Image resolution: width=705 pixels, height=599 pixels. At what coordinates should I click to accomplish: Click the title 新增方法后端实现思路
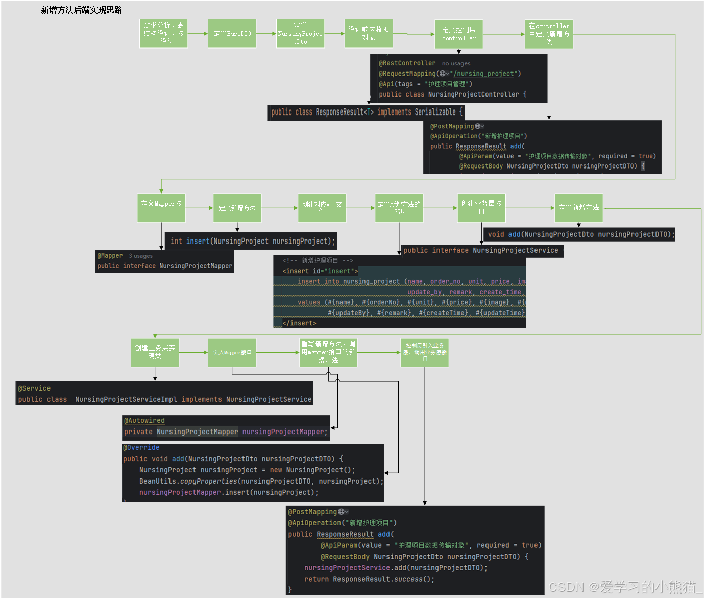82,10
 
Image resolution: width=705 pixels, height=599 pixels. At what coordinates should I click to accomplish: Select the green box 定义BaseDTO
232,34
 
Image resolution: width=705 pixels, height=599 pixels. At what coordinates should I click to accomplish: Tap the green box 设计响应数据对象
369,34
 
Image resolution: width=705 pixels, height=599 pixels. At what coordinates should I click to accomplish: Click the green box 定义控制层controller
458,34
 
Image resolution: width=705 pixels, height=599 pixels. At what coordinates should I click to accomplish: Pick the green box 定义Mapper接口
161,208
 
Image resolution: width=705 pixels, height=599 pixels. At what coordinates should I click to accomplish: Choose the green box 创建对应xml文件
322,208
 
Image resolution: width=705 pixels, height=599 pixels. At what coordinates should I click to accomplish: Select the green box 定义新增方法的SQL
399,208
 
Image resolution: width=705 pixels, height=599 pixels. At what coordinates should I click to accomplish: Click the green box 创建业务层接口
481,208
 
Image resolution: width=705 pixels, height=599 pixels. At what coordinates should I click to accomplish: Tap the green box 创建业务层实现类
155,352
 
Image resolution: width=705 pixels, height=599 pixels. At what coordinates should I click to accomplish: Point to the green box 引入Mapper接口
232,352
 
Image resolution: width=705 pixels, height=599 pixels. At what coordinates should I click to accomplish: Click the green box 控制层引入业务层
424,352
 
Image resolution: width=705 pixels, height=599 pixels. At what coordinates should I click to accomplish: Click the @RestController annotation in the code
407,63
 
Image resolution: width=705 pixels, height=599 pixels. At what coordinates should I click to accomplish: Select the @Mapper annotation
110,256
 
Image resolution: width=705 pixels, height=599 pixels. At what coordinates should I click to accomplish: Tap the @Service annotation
35,389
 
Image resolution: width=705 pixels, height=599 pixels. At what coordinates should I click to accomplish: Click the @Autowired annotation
145,421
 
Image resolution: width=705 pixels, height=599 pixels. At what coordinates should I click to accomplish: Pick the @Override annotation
141,448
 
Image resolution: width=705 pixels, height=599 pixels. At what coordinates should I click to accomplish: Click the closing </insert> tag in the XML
300,323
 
